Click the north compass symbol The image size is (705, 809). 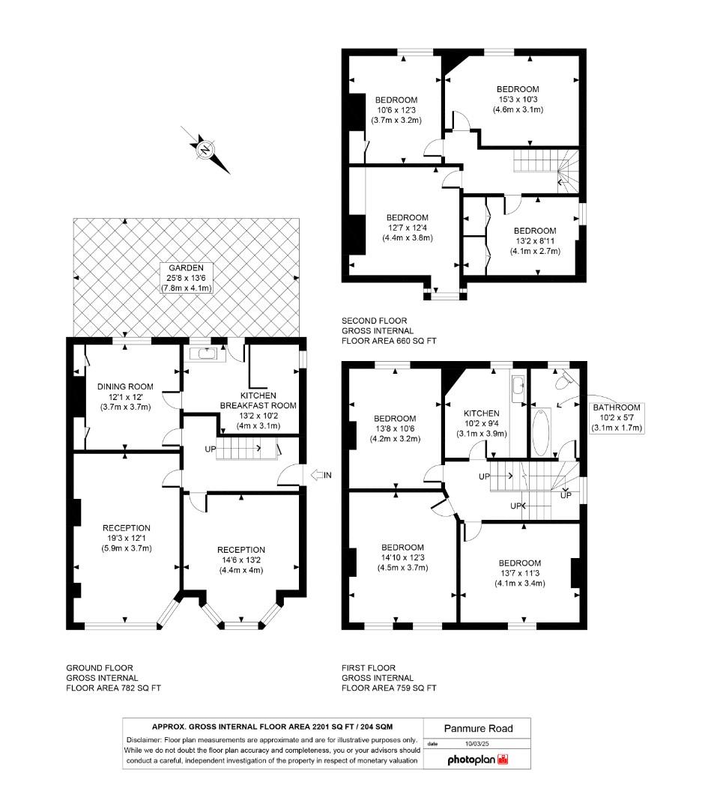205,150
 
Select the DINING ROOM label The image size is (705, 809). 125,387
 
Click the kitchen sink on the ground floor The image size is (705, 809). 205,354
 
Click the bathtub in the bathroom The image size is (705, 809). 540,431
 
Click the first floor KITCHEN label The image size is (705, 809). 481,413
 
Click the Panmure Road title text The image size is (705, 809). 476,727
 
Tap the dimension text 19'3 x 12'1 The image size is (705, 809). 127,538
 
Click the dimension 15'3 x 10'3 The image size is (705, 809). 518,100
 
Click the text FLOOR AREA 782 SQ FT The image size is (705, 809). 113,688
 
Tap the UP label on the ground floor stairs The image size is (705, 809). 211,449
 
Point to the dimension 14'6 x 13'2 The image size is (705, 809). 241,560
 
